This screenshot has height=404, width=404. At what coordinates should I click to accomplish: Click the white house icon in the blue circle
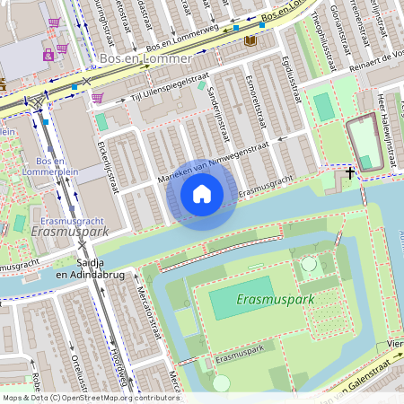(202, 194)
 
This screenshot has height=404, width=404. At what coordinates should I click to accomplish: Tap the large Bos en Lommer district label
(146, 58)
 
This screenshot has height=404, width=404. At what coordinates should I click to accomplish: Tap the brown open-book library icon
(250, 40)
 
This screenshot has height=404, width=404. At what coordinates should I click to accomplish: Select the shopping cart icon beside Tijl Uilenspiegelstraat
(97, 97)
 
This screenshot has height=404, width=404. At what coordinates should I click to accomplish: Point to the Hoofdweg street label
(114, 364)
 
